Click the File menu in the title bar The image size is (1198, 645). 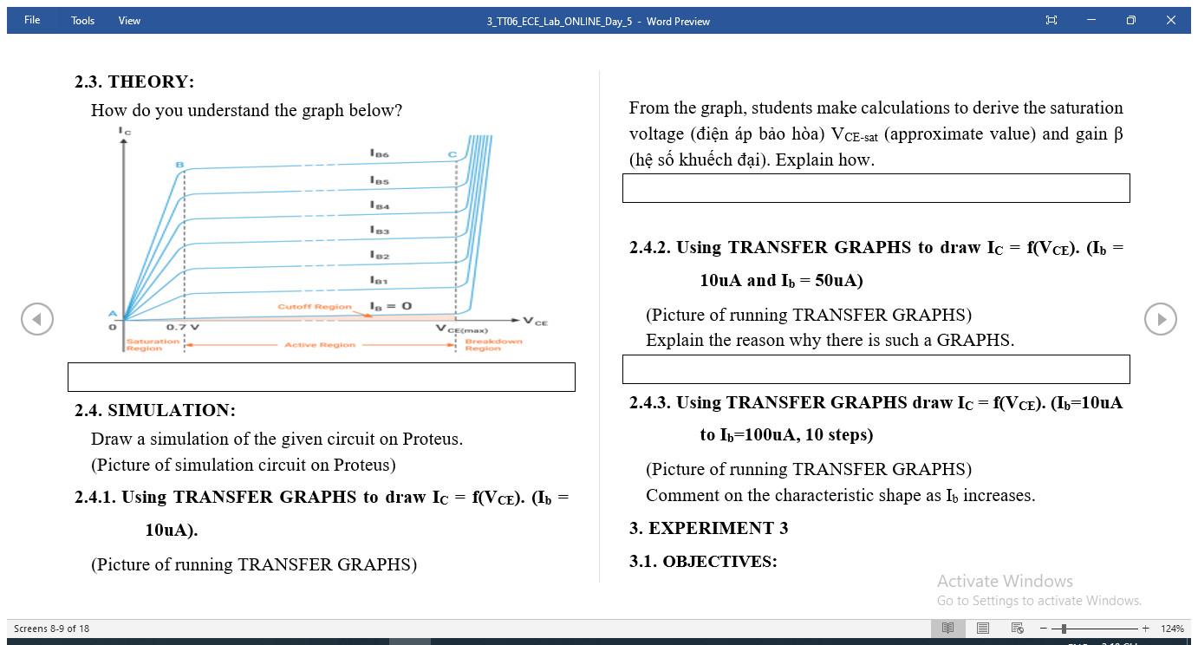point(32,20)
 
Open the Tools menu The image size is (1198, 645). point(82,21)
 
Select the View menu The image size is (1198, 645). point(129,21)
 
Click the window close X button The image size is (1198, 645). point(1170,20)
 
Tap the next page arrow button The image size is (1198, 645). point(1160,319)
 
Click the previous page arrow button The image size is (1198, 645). point(37,319)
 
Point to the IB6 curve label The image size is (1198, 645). point(380,154)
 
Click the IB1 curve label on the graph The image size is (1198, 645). point(379,280)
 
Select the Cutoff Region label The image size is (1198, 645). point(315,307)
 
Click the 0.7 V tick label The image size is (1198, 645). point(182,328)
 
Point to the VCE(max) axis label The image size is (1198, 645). point(461,329)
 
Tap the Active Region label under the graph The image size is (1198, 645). point(320,345)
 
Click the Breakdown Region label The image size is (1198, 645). point(493,345)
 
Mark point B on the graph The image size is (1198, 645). point(180,165)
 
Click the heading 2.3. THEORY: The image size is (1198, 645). point(134,81)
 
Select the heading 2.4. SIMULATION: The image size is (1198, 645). point(155,410)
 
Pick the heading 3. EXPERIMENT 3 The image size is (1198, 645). point(709,528)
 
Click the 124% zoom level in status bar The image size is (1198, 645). point(1172,629)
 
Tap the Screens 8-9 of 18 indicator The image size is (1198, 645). point(52,629)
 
